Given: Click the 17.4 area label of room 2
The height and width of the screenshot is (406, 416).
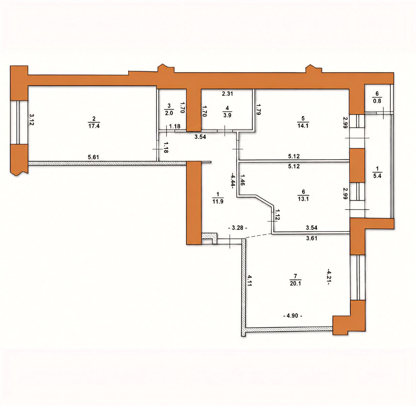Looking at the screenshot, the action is (x=94, y=126).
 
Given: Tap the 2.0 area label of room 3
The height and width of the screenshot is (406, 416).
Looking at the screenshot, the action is (x=169, y=113).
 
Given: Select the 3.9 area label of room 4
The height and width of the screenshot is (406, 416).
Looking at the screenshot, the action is (x=227, y=115).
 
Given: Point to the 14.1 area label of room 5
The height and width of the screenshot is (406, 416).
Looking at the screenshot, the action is (x=303, y=126).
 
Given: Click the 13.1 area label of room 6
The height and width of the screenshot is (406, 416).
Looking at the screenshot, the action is (x=303, y=199).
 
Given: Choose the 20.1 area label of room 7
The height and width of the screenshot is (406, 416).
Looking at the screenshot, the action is (x=295, y=284).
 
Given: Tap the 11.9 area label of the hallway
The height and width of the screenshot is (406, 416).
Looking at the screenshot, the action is (x=218, y=201).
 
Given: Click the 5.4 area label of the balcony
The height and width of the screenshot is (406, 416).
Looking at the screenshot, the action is (x=377, y=176).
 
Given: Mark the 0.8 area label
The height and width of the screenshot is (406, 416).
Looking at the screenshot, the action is (x=377, y=101).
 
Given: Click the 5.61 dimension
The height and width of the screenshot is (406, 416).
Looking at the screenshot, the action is (x=93, y=157).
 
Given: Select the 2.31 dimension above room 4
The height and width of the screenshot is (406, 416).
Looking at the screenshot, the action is (x=227, y=94).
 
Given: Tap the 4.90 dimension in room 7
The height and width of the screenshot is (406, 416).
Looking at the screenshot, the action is (x=293, y=316).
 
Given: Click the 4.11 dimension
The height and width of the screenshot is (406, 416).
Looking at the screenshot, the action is (x=249, y=280).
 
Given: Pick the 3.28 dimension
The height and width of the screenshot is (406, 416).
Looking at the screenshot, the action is (x=238, y=228).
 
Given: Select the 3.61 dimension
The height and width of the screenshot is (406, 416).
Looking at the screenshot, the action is (x=311, y=238).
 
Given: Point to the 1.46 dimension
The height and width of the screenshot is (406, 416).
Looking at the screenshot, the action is (x=242, y=180).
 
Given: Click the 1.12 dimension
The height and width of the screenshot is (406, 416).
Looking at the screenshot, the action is (x=277, y=215).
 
